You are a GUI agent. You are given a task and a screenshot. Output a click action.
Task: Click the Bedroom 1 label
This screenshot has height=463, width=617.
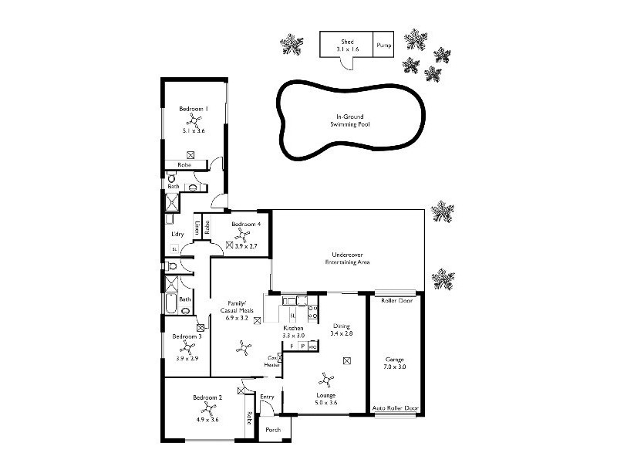[x=194, y=109]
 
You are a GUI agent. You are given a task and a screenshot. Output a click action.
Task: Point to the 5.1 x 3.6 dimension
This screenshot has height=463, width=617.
[x=194, y=132]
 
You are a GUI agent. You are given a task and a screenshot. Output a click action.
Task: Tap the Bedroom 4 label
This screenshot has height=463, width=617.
[x=247, y=224]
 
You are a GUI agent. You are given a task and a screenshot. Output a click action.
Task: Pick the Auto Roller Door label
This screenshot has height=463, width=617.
[x=395, y=407]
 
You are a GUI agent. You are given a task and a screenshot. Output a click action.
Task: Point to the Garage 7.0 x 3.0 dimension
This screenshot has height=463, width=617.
[x=395, y=367]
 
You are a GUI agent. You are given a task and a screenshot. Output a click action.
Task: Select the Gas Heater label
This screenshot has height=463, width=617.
[x=272, y=361]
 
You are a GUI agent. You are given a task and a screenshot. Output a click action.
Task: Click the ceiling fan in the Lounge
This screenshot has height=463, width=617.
[x=325, y=380]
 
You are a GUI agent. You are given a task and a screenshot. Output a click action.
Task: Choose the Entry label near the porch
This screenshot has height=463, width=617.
[x=267, y=397]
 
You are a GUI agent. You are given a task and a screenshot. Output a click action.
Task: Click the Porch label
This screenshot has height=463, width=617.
[x=272, y=429]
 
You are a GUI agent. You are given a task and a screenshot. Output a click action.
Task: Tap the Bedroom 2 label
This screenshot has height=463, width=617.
[x=208, y=397]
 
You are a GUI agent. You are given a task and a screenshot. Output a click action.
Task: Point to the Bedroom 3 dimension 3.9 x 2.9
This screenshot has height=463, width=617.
[x=187, y=359]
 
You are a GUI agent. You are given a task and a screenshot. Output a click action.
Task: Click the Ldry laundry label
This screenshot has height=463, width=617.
[x=177, y=234]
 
